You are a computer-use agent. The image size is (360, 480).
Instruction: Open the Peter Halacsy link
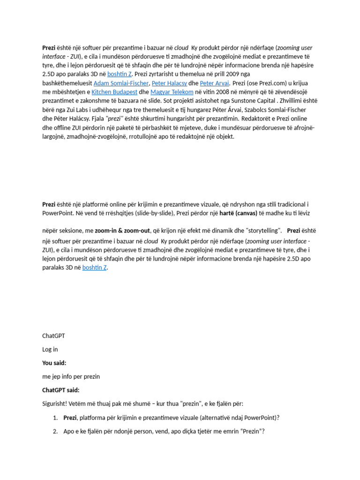click(x=169, y=83)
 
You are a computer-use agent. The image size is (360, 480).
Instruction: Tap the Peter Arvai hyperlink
click(x=214, y=83)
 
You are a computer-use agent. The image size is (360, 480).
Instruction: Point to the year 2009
click(x=231, y=74)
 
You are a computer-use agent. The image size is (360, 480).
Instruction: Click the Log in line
click(x=50, y=349)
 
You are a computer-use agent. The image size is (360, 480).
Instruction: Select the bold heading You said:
click(x=54, y=363)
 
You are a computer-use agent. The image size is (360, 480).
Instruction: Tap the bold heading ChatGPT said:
click(x=61, y=390)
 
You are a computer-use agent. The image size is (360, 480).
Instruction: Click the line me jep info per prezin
click(x=71, y=376)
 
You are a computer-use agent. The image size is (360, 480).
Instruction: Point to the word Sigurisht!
click(x=57, y=404)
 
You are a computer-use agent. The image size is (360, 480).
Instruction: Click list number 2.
click(x=55, y=431)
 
